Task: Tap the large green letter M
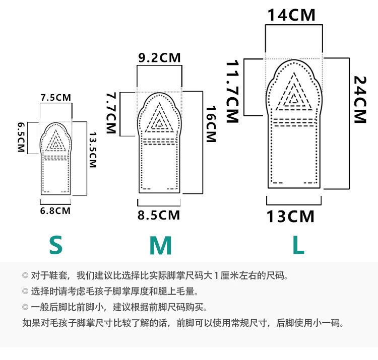pyautogui.click(x=161, y=245)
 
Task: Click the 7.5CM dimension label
pyautogui.click(x=56, y=97)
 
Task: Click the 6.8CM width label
pyautogui.click(x=55, y=211)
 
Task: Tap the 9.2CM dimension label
pyautogui.click(x=159, y=58)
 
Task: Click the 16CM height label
pyautogui.click(x=210, y=124)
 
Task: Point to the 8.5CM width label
pyautogui.click(x=159, y=215)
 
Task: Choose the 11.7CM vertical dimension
pyautogui.click(x=231, y=92)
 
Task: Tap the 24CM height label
pyautogui.click(x=360, y=99)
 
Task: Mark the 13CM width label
pyautogui.click(x=290, y=217)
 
